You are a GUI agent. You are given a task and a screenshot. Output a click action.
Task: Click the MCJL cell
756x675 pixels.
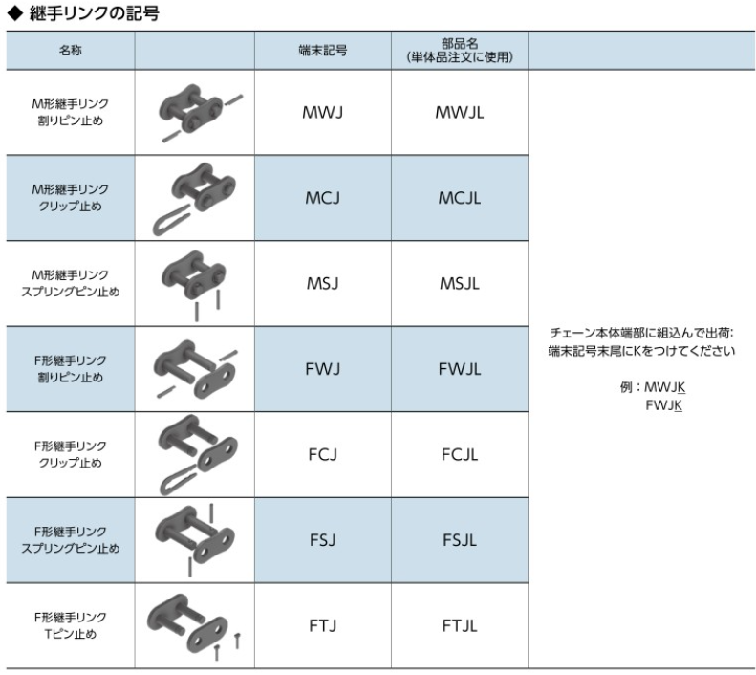pyautogui.click(x=460, y=197)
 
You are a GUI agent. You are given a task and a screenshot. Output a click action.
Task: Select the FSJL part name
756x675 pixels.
pyautogui.click(x=460, y=540)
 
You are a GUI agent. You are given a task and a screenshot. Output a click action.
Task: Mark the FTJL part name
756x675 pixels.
pyautogui.click(x=460, y=626)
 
